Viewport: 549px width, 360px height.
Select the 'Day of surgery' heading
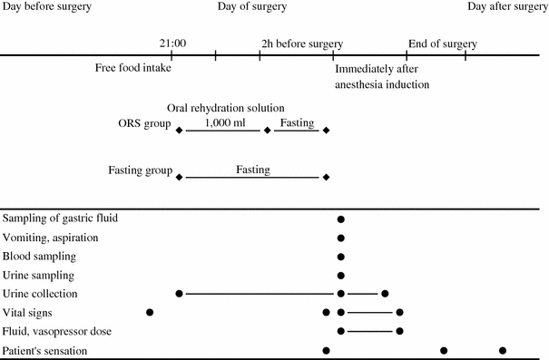(x=252, y=7)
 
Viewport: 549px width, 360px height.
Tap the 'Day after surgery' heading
(x=507, y=7)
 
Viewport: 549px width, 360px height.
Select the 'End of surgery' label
(x=442, y=43)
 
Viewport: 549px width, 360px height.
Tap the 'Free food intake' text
(x=133, y=68)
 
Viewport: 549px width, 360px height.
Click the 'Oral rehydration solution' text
(x=226, y=108)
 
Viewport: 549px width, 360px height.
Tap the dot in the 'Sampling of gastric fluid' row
(x=340, y=219)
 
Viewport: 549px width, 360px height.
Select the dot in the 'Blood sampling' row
(x=340, y=257)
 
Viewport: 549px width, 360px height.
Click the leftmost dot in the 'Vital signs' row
(x=150, y=313)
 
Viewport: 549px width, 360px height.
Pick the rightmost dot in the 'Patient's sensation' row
(x=502, y=350)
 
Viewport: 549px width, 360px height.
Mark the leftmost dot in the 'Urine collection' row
(x=180, y=294)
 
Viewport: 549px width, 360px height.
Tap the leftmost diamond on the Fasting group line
(x=179, y=177)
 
